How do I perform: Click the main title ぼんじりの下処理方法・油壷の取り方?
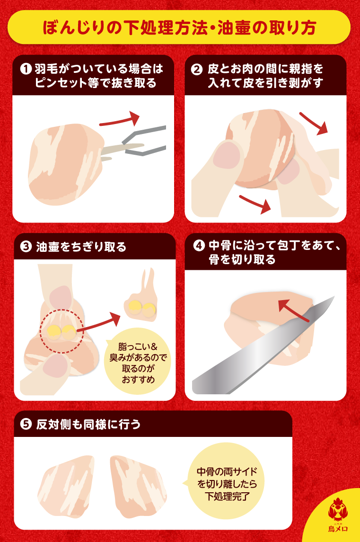179,27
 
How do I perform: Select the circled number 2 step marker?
196,70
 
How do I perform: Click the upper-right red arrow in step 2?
314,123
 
